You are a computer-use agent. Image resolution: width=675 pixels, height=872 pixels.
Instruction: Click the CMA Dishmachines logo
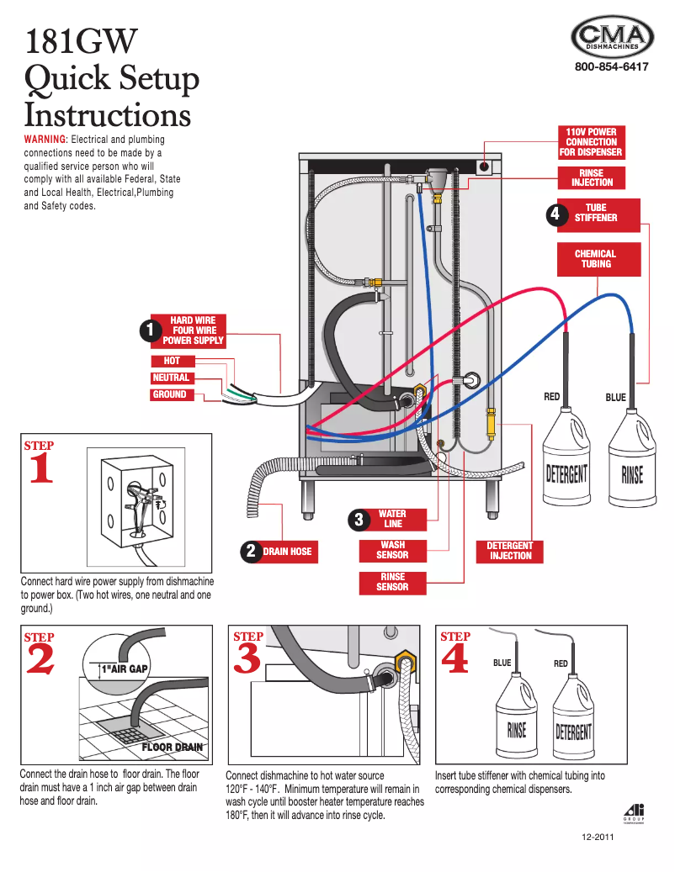pos(612,38)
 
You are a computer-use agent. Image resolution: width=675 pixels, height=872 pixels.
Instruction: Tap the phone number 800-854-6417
pos(612,67)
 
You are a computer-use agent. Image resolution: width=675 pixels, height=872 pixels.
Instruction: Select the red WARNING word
pos(45,139)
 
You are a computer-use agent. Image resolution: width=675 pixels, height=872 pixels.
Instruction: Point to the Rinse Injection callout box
pos(592,177)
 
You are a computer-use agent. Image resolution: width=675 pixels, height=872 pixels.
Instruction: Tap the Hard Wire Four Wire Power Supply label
pos(193,330)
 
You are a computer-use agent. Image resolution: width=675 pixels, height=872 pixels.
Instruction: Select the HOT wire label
pos(172,361)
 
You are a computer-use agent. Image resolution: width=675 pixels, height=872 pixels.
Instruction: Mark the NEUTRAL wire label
pos(171,378)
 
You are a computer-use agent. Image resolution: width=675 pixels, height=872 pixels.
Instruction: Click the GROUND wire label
pos(170,394)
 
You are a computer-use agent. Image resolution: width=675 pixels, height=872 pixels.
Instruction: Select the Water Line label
pos(392,519)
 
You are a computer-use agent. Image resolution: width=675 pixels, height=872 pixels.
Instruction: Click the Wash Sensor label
pos(392,550)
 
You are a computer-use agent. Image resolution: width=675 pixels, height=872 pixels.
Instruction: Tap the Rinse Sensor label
pos(392,582)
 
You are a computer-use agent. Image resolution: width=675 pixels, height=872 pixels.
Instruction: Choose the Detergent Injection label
pos(510,551)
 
